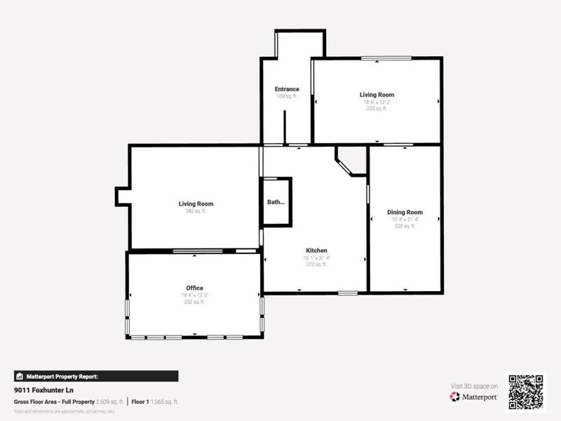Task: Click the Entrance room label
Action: (287, 89)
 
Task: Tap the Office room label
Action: (194, 288)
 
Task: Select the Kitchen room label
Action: (316, 250)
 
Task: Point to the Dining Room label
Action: (405, 212)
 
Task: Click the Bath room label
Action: (276, 202)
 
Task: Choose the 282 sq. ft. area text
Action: (196, 211)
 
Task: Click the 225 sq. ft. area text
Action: (377, 109)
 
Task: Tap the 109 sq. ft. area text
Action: (287, 96)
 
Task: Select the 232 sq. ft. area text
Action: (194, 302)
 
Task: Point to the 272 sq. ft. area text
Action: (316, 265)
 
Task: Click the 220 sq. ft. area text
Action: (405, 226)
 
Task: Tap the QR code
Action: (525, 391)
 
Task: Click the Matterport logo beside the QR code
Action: (474, 396)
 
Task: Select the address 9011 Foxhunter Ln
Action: (43, 389)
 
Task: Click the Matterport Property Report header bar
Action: (96, 376)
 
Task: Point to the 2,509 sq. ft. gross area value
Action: (109, 401)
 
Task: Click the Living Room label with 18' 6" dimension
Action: (377, 95)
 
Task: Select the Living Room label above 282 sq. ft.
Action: (196, 204)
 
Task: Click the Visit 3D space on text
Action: (474, 386)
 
